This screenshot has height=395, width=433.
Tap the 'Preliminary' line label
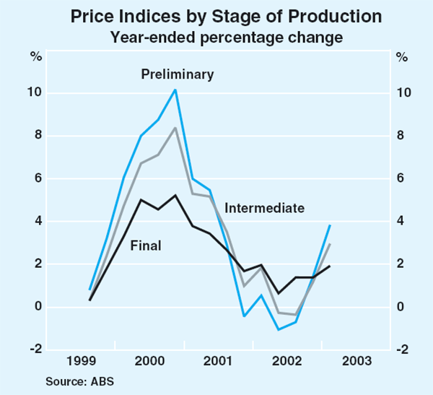[x=178, y=74]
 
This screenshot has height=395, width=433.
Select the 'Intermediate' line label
[x=264, y=208]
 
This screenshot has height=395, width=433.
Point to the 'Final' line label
[x=145, y=246]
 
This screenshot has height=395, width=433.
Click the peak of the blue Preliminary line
[x=175, y=90]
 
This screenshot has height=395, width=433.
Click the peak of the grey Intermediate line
[x=175, y=128]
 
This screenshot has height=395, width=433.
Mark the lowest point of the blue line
[x=279, y=329]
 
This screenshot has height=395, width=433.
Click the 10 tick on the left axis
[x=34, y=93]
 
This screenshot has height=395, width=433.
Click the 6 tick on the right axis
[x=398, y=179]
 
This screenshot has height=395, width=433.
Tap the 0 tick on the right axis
[x=398, y=307]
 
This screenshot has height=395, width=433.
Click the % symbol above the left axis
[x=34, y=57]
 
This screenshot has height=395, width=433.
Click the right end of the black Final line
[x=330, y=266]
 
